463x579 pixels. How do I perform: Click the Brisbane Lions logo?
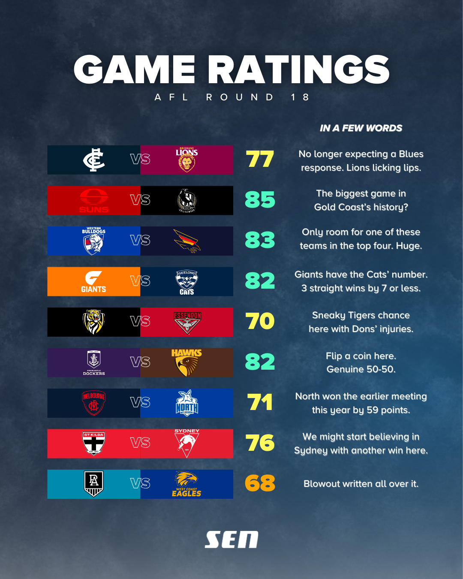click(186, 160)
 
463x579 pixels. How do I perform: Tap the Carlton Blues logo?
click(94, 160)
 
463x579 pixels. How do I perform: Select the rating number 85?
click(260, 200)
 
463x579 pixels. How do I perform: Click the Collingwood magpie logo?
click(187, 200)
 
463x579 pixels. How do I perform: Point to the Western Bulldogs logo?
click(94, 241)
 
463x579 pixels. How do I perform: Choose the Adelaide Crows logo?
click(187, 241)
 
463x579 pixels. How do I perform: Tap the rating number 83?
click(260, 240)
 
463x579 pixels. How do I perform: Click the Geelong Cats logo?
click(186, 282)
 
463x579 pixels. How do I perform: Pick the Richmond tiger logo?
click(94, 322)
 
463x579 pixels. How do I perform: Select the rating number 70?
click(260, 321)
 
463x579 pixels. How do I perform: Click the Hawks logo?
click(186, 362)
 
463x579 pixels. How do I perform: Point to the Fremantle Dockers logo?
click(94, 363)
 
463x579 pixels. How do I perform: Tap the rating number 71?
click(260, 402)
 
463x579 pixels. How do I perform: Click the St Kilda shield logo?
click(94, 443)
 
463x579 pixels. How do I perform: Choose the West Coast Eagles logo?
click(186, 484)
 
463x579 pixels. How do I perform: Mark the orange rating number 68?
click(260, 483)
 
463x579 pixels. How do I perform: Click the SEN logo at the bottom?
click(231, 540)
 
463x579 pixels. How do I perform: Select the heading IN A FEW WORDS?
click(361, 128)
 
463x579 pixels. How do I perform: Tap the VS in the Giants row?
click(140, 281)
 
